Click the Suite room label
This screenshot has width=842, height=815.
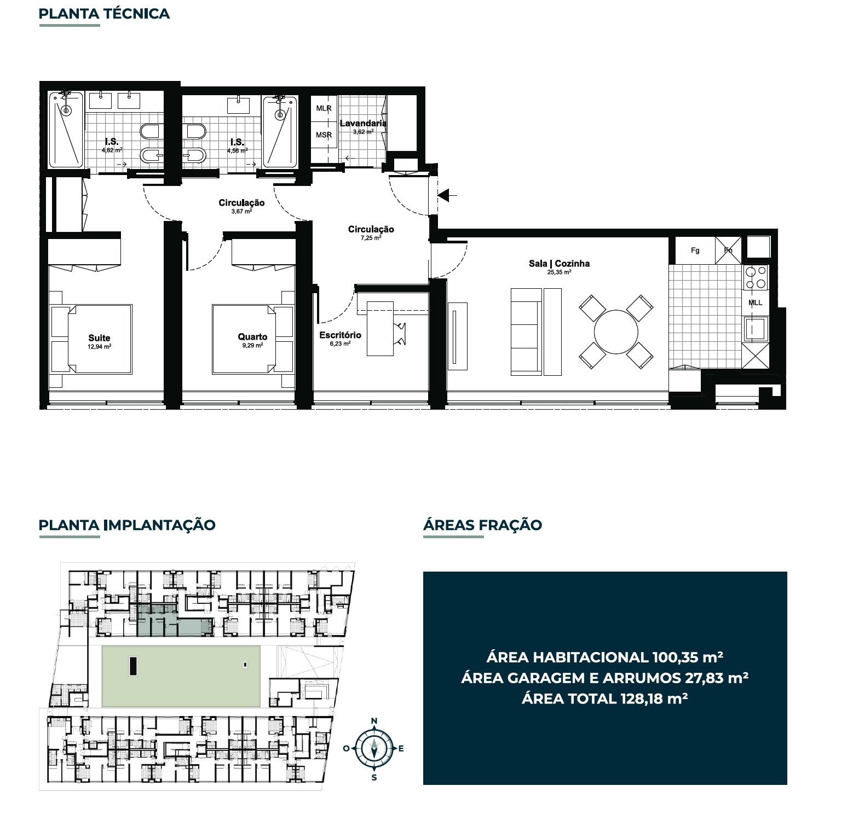point(99,338)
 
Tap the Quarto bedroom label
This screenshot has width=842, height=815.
point(252,337)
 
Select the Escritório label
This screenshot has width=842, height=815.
point(340,335)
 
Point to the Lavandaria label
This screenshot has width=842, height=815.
point(363,123)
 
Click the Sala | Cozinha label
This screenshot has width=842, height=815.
point(559,263)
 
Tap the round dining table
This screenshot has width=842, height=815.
point(616,332)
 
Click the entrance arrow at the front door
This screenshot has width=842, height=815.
point(447,194)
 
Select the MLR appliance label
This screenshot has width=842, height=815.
point(324,108)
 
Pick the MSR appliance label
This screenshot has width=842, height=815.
point(324,135)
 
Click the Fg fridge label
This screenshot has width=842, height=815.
point(695,251)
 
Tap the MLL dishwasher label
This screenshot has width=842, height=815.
point(755,302)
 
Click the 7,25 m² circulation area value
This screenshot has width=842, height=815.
point(371,238)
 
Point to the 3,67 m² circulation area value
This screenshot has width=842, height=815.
point(241,211)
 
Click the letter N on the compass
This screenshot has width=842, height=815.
point(374,721)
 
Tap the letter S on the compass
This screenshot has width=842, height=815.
point(374,778)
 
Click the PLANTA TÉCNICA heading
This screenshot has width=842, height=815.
point(104,14)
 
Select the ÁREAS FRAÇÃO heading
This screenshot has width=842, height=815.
point(482,525)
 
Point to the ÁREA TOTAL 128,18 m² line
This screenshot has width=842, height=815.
point(604,698)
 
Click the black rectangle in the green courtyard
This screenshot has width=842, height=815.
point(133,666)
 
